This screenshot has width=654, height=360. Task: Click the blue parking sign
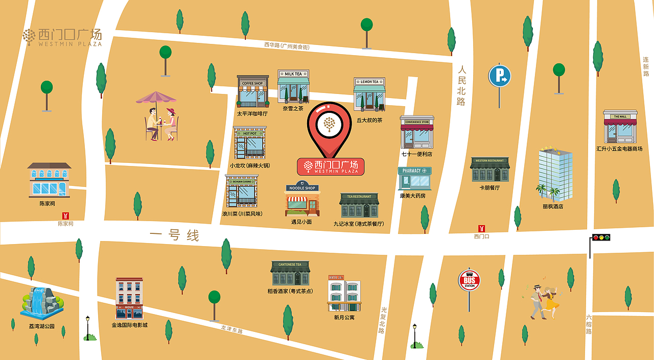(499, 76)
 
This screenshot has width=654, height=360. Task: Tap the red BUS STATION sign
(469, 280)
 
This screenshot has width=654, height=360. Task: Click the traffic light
(601, 237)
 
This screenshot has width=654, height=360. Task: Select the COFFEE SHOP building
(252, 92)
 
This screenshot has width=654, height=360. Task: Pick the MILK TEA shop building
(293, 87)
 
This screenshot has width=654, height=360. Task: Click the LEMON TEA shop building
(369, 94)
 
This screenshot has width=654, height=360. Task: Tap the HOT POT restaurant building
(250, 142)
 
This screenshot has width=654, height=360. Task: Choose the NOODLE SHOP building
(302, 199)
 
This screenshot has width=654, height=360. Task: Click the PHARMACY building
(414, 179)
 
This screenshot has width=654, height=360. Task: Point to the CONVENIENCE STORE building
(417, 132)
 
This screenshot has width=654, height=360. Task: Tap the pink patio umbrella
(156, 98)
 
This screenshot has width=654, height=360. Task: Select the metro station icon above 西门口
(481, 228)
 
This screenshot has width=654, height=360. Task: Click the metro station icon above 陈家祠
(65, 216)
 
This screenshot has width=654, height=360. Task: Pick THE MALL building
(620, 127)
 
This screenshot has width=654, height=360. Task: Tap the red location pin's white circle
(330, 123)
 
